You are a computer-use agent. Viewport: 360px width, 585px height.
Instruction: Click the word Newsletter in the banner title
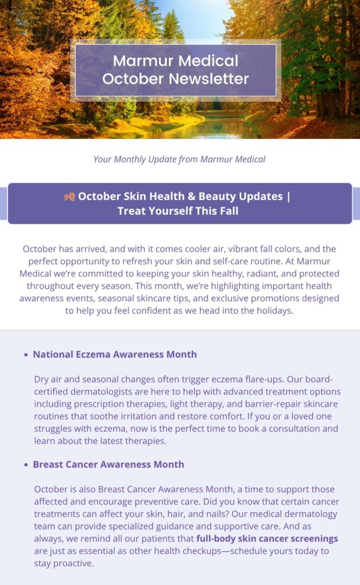209,79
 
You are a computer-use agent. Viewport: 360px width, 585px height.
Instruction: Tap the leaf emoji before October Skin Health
69,197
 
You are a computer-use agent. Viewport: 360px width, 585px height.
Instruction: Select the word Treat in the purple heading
130,211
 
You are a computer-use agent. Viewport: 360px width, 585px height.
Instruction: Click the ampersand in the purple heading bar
191,197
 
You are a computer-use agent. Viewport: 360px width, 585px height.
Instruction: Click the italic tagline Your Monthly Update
179,159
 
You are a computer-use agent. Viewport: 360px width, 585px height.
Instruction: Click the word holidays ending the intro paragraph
274,311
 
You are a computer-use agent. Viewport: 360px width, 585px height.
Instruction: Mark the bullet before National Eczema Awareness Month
26,355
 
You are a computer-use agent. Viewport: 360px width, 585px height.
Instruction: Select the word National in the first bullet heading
53,354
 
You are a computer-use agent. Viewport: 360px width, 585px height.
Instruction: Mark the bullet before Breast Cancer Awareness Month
26,465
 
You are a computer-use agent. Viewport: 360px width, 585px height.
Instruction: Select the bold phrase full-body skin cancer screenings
267,539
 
